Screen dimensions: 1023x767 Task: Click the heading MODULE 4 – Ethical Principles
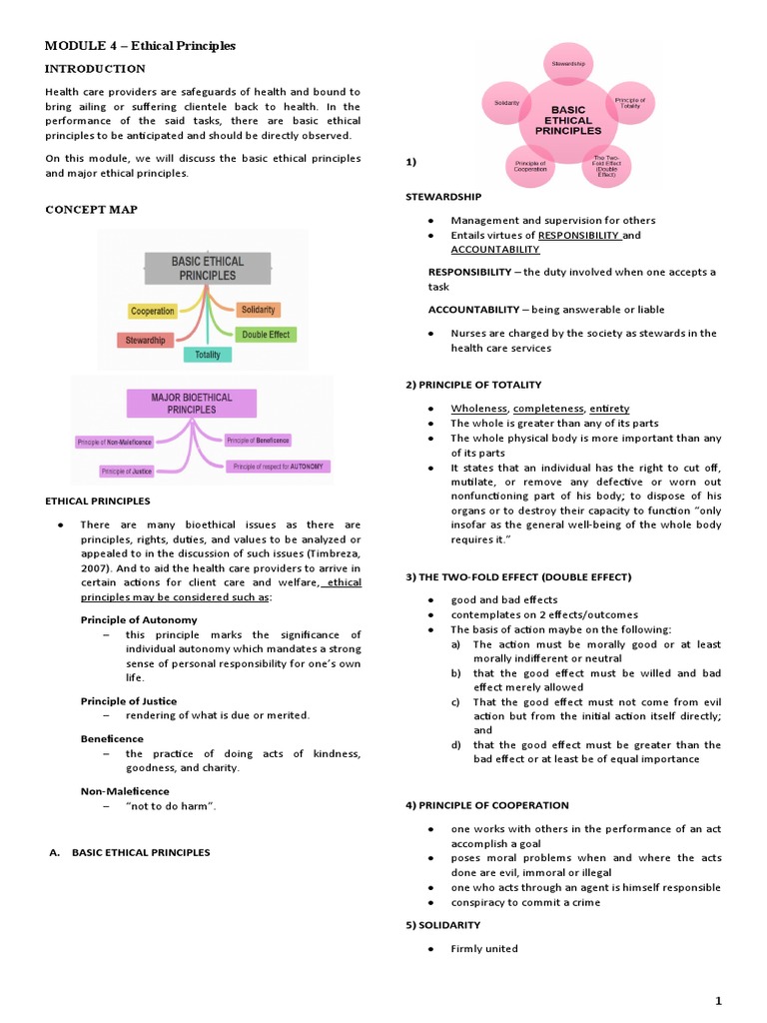point(141,46)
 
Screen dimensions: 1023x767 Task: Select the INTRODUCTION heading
point(96,69)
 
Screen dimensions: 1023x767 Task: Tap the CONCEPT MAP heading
point(92,210)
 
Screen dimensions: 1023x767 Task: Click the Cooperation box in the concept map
point(152,312)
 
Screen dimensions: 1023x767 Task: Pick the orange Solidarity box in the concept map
point(259,310)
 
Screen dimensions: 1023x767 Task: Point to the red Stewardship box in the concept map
point(145,340)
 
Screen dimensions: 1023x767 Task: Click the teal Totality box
point(208,355)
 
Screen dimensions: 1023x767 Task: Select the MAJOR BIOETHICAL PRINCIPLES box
point(192,403)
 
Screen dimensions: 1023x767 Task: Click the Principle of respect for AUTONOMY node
point(279,467)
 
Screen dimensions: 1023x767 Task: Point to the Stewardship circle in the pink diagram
point(569,64)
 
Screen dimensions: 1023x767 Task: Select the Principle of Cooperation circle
point(530,166)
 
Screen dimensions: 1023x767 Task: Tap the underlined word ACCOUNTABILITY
point(494,250)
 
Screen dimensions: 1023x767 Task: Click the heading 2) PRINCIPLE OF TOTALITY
point(473,386)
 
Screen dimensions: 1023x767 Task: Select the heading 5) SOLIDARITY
point(442,925)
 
